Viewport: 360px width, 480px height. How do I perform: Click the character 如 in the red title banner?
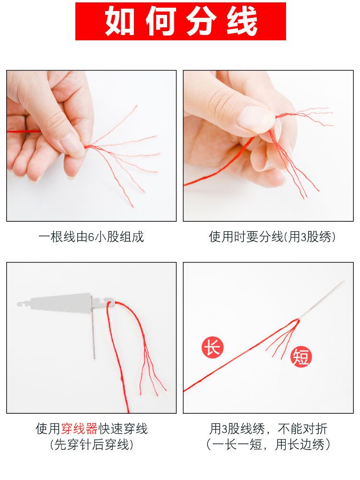[x=120, y=22]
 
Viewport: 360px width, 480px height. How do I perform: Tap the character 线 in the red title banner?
[x=242, y=22]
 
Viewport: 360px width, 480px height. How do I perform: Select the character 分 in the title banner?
[x=201, y=22]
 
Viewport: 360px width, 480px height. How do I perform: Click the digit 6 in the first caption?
[x=91, y=237]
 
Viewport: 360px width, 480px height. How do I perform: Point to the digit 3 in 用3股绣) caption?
[x=304, y=237]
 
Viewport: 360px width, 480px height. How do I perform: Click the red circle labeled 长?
[x=213, y=348]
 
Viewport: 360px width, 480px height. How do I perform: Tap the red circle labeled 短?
[x=301, y=357]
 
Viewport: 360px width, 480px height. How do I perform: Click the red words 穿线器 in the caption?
[x=79, y=429]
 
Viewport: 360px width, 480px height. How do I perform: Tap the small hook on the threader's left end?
[x=21, y=304]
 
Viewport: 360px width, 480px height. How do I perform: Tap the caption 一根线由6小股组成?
[x=91, y=237]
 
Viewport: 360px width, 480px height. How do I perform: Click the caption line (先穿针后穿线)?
[x=92, y=444]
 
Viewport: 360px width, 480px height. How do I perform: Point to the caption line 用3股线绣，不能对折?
[x=268, y=429]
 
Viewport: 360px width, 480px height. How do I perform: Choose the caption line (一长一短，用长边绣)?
[x=268, y=444]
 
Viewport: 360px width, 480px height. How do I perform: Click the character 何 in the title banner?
[x=160, y=22]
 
